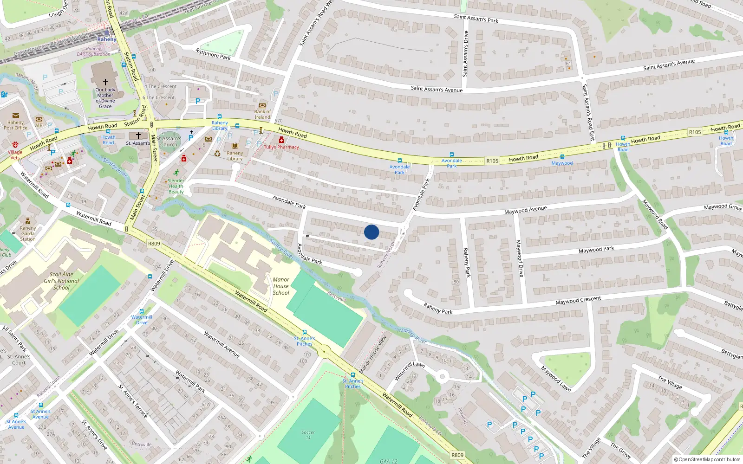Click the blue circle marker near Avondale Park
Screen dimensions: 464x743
pos(371,232)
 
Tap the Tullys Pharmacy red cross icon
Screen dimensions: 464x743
pos(281,140)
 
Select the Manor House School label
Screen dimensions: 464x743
pos(281,286)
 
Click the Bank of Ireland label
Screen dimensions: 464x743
pos(262,114)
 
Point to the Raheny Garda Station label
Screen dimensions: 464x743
pos(28,233)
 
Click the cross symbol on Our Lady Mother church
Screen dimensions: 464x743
pos(105,82)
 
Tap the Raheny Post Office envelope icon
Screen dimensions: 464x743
pos(16,116)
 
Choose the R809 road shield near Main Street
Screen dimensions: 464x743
pos(154,244)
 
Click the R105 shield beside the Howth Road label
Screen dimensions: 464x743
pos(492,161)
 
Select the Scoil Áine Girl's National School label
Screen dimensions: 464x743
pos(61,281)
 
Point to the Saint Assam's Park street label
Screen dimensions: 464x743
pos(476,19)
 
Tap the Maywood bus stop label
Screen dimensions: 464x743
pos(562,163)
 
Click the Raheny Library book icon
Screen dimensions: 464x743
pos(235,146)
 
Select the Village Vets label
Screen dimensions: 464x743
pos(15,155)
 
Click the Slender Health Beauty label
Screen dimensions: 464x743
pos(176,186)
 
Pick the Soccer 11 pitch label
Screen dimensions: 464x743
pos(308,434)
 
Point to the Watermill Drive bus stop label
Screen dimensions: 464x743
pos(142,320)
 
